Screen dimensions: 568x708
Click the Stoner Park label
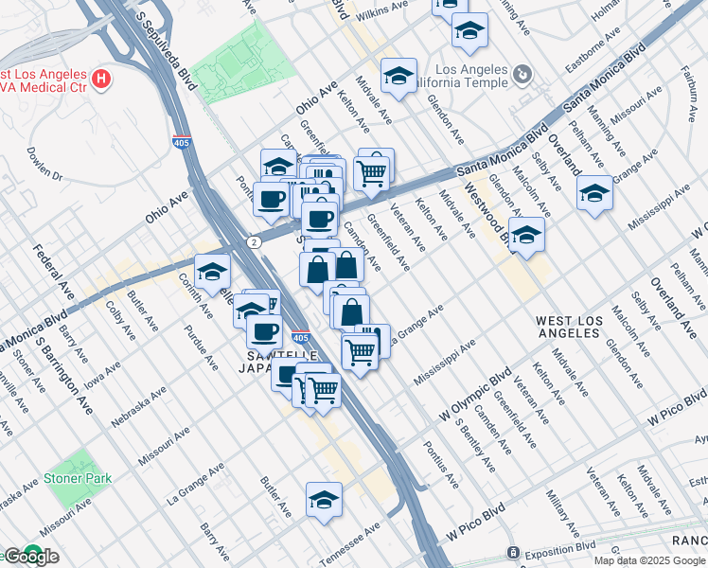tap(78, 478)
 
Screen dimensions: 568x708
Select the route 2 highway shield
tap(254, 242)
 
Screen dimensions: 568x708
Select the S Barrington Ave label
tap(74, 374)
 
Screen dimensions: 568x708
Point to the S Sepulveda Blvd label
tap(166, 44)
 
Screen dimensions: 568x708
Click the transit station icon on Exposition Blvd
tap(513, 552)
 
